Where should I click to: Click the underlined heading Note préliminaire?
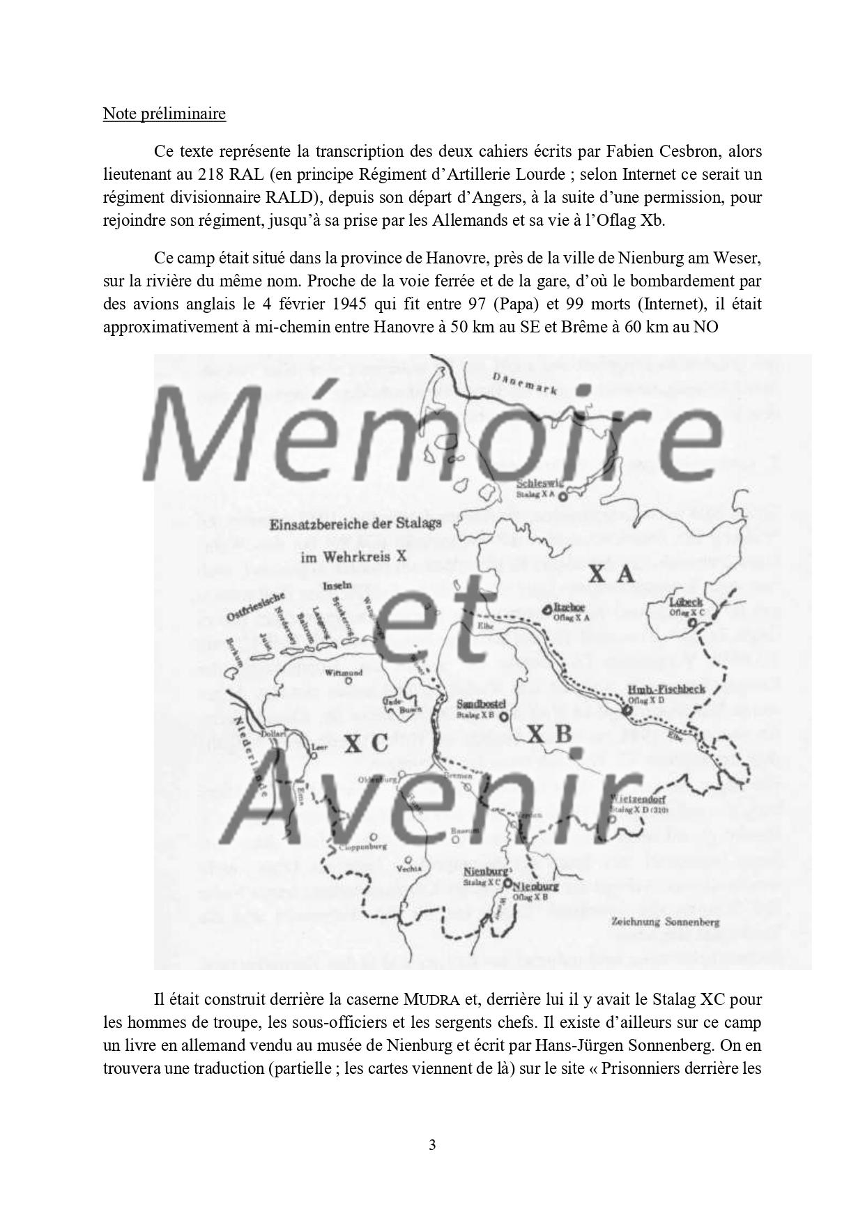164,114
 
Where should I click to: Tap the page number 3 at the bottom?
432,1144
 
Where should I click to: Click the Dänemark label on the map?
524,383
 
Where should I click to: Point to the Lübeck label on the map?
685,601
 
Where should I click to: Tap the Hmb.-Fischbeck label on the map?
666,689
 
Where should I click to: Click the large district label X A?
611,574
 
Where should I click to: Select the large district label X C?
366,744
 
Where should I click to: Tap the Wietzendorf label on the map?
639,799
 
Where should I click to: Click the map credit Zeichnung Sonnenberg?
664,921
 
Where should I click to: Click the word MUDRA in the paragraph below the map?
431,1000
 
